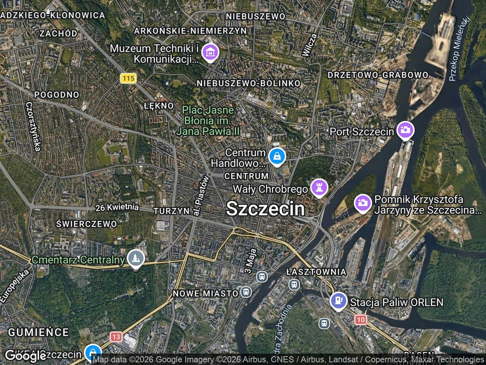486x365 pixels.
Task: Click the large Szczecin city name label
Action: pyautogui.click(x=265, y=209)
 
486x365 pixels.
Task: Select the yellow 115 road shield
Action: pyautogui.click(x=128, y=78)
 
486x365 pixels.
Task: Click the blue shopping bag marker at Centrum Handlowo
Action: pyautogui.click(x=277, y=156)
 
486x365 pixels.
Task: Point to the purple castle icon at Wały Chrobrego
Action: pyautogui.click(x=319, y=187)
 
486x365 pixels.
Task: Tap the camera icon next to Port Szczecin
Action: pyautogui.click(x=405, y=130)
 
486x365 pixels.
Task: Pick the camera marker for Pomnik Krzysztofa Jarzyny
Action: pyautogui.click(x=363, y=203)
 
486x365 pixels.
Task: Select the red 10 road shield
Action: pyautogui.click(x=360, y=319)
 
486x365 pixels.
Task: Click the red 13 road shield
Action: pyautogui.click(x=116, y=336)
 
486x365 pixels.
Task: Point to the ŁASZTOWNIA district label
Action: pyautogui.click(x=316, y=272)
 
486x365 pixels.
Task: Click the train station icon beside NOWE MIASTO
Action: pyautogui.click(x=246, y=292)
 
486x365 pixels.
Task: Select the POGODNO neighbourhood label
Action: pyautogui.click(x=57, y=95)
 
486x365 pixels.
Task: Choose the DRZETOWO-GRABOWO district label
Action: pyautogui.click(x=378, y=75)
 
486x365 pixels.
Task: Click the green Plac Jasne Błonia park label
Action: pyautogui.click(x=208, y=121)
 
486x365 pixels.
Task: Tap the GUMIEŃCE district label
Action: pyautogui.click(x=38, y=332)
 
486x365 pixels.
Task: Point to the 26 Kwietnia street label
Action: pyautogui.click(x=117, y=208)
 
